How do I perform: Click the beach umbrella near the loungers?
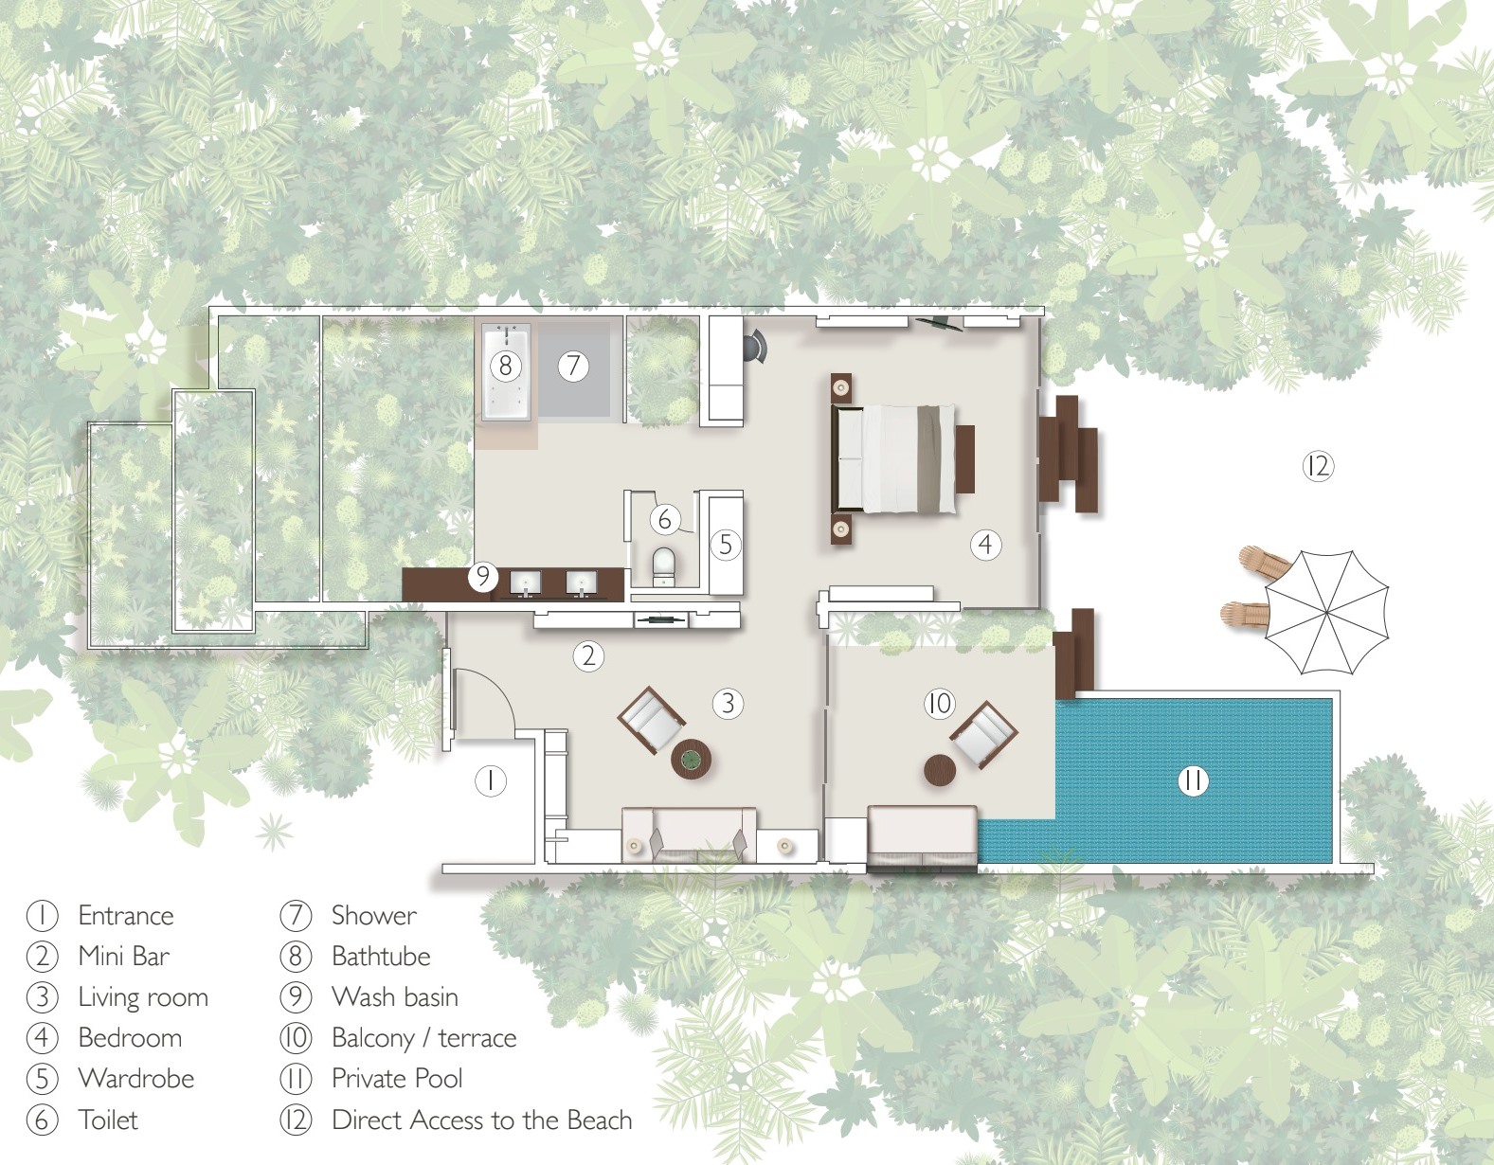point(1326,613)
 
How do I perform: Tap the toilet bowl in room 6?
point(663,565)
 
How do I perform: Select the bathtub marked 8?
point(506,372)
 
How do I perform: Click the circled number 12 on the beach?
point(1318,467)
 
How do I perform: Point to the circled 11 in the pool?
point(1192,780)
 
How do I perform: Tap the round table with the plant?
point(691,759)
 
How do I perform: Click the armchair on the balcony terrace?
point(984,735)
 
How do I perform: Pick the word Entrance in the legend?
point(126,916)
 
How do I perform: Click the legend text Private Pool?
point(397,1079)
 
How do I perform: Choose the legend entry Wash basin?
point(395,996)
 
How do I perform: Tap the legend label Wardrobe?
point(136,1079)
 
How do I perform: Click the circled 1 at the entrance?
point(491,780)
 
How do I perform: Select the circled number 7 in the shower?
point(573,365)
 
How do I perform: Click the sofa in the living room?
point(689,835)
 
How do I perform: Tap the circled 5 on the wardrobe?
point(726,545)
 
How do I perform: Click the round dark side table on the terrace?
point(940,770)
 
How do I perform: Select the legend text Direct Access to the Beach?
point(482,1120)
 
